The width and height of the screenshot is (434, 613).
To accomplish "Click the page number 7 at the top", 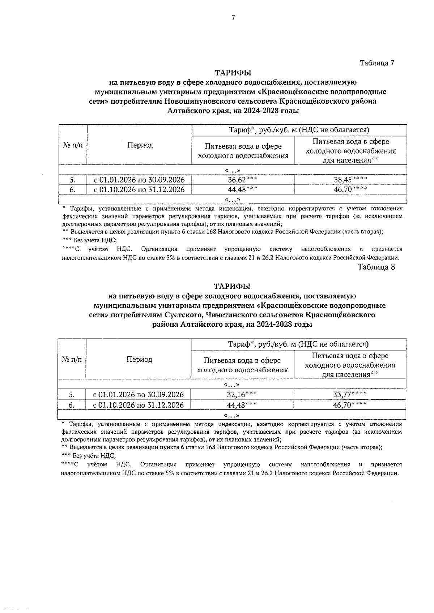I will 233,17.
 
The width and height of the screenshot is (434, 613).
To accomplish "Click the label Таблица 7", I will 376,63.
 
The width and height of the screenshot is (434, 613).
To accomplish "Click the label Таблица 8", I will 376,267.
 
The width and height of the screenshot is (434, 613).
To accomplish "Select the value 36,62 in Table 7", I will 239,180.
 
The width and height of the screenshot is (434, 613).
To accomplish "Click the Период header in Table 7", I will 140,145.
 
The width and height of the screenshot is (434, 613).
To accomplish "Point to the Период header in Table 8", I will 139,359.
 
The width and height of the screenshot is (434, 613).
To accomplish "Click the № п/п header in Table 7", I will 72,145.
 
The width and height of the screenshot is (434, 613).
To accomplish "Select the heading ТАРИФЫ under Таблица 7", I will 233,73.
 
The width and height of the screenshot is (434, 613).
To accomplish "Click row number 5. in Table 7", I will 73,180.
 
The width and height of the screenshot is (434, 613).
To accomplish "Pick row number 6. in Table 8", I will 72,405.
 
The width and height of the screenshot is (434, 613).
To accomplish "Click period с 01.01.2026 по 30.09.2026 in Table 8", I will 138,394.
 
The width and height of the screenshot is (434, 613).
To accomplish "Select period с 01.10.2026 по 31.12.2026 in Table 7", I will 139,189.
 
